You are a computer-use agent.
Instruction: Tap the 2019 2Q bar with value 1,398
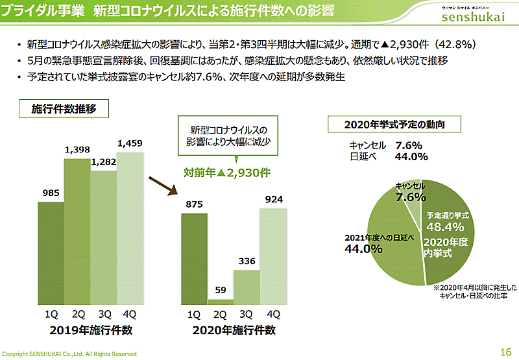77,230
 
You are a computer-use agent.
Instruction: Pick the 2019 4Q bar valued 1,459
130,227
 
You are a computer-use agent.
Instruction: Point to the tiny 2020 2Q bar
220,302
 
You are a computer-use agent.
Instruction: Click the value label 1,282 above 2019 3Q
103,163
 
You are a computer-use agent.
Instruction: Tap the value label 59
220,290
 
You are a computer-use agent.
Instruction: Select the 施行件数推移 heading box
64,109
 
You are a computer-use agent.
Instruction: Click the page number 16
506,352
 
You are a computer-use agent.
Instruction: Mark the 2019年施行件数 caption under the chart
90,330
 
